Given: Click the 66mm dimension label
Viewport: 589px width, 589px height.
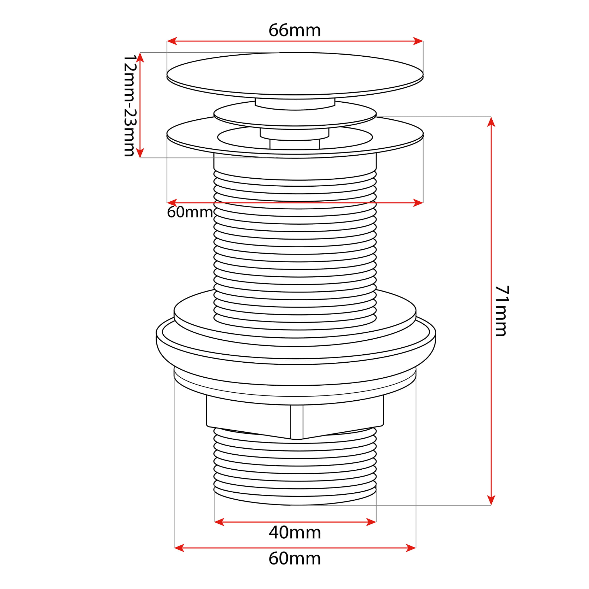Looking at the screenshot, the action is [294, 30].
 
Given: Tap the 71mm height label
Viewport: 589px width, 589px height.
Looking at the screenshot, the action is [502, 311].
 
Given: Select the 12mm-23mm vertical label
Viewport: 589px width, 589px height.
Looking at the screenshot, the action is [129, 106].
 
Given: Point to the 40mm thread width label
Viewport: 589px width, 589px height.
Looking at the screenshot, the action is [295, 533].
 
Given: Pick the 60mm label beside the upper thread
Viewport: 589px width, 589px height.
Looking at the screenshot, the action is [190, 212].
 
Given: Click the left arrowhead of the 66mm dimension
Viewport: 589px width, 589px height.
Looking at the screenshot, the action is [172, 41].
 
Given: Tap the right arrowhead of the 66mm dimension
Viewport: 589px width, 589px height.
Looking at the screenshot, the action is [418, 41].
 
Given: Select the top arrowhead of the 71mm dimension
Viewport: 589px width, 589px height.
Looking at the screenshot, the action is [491, 122].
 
